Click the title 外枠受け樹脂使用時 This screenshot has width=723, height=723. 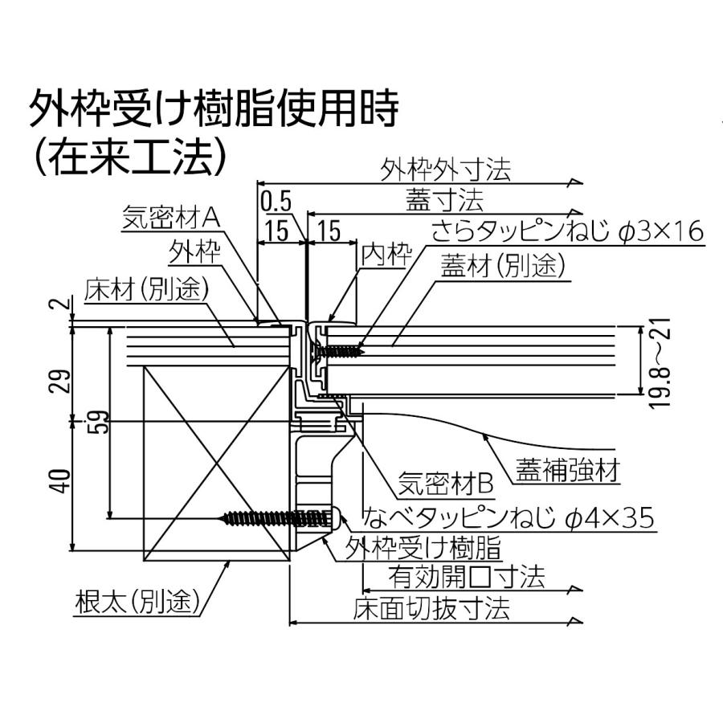(x=214, y=108)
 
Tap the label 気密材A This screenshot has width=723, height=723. (x=171, y=217)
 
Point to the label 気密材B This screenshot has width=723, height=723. (x=446, y=483)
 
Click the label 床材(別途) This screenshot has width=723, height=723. (x=147, y=289)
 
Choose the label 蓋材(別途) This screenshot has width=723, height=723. (x=503, y=266)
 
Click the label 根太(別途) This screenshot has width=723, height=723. (x=138, y=601)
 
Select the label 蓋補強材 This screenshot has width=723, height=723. (x=567, y=470)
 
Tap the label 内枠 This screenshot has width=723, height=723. (x=386, y=254)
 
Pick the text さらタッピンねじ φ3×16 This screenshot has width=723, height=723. (x=568, y=231)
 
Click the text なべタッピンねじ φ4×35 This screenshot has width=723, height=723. (x=509, y=517)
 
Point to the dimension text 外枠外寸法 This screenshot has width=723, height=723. (x=445, y=170)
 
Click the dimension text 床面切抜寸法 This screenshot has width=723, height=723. (x=431, y=608)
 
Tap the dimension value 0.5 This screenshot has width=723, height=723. (x=276, y=202)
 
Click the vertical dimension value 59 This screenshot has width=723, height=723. (x=98, y=421)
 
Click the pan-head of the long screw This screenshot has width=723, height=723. (x=336, y=518)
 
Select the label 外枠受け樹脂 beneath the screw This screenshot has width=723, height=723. (x=423, y=548)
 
